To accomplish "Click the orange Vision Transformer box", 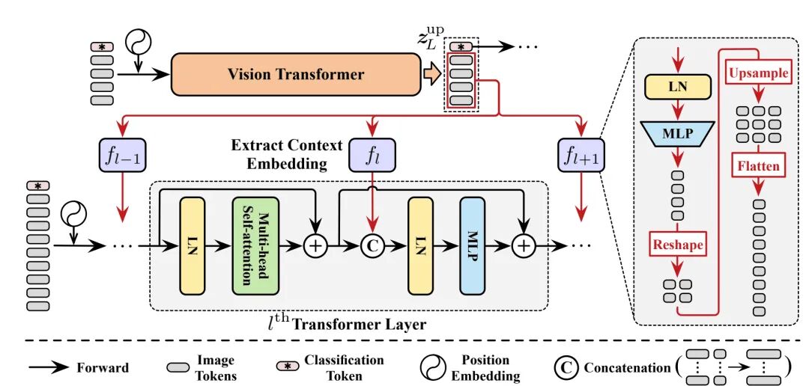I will tap(295, 74).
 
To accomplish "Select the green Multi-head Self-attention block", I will tap(255, 245).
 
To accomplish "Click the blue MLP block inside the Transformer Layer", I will tap(473, 245).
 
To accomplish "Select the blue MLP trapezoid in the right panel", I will tap(677, 135).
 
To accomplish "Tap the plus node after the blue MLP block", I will tap(524, 245).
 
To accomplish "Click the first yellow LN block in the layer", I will tap(193, 245).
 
